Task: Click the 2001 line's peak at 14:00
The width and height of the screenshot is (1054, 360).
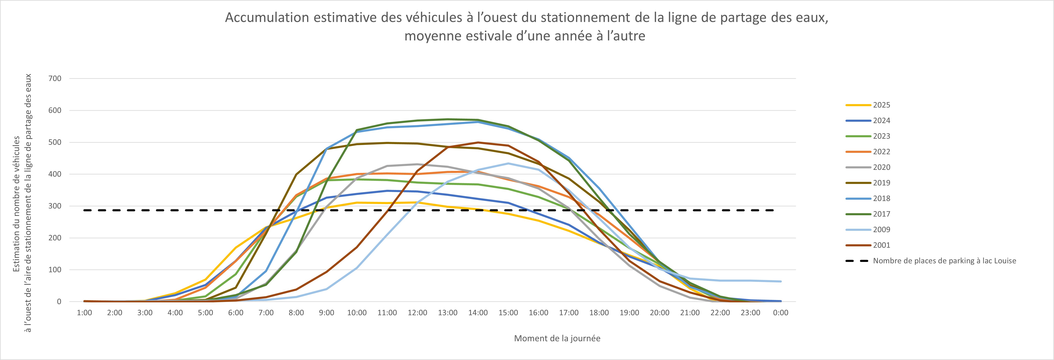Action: point(478,143)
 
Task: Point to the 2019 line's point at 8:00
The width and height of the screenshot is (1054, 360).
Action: point(296,174)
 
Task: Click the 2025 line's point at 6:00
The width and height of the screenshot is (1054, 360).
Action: point(236,248)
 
